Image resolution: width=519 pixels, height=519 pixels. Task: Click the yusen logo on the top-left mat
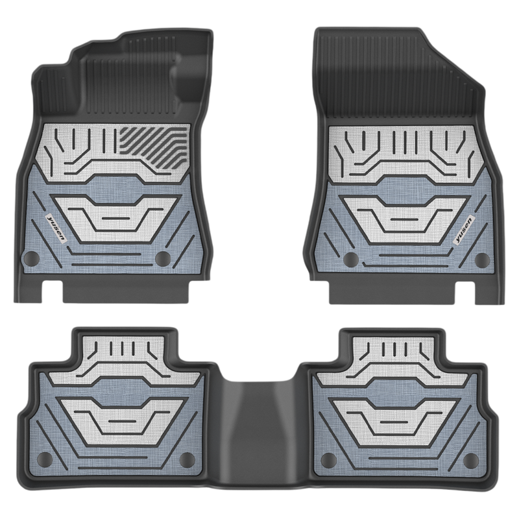pos(56,228)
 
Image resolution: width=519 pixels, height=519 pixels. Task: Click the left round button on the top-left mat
pos(31,257)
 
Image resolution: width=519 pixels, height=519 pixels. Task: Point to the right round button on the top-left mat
pos(163,258)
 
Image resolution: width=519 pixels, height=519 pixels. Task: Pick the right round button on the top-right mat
pos(482,260)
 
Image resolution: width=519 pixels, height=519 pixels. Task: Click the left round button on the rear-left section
pos(45,459)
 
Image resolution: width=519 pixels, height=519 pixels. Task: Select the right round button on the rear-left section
pos(187,459)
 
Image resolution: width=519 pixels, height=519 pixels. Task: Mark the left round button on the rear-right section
pos(328,459)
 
